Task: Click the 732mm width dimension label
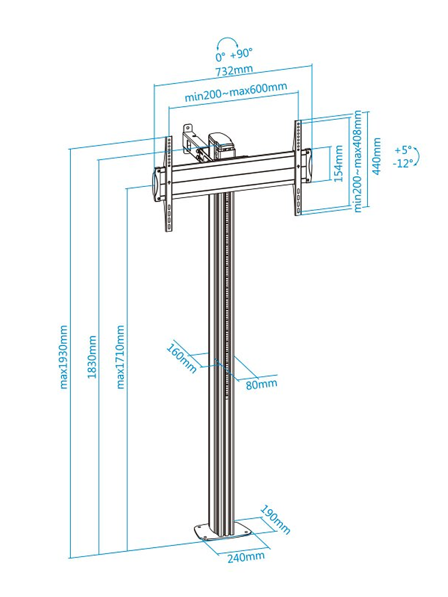234,70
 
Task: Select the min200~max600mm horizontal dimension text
236,92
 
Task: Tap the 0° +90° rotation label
233,55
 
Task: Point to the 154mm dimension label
338,164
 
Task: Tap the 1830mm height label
92,357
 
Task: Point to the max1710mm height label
120,357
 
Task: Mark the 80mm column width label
261,384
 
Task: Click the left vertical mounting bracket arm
170,183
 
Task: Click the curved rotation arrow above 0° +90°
227,42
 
